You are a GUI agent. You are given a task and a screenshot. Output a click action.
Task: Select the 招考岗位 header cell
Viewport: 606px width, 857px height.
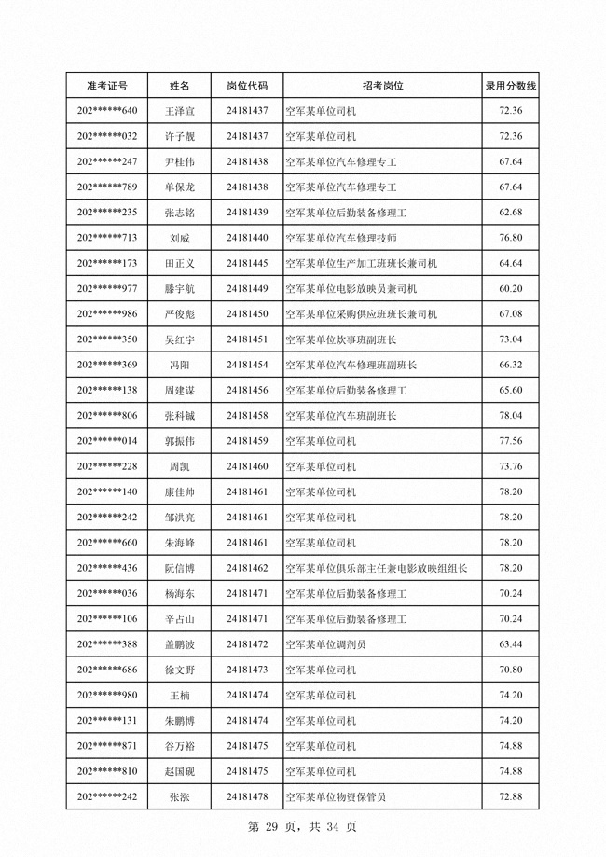383,86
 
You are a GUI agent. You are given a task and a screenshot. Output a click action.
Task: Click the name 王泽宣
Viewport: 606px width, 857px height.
180,111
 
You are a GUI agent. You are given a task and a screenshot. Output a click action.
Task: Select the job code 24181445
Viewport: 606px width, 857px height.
247,263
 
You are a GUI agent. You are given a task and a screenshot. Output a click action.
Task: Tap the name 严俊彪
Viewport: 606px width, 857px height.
180,314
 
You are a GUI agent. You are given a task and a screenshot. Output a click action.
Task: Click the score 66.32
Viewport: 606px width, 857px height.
510,365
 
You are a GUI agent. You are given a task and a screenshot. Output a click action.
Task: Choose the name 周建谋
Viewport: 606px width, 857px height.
180,390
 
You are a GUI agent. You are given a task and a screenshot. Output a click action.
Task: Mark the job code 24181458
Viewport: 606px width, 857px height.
247,415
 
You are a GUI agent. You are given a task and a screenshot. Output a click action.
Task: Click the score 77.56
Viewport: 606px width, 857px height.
510,440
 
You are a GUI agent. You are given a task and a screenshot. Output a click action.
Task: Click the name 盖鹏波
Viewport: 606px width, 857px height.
180,643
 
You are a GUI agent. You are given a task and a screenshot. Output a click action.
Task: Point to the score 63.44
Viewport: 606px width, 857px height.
510,643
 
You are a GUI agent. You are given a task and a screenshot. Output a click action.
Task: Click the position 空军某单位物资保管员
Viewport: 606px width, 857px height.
336,796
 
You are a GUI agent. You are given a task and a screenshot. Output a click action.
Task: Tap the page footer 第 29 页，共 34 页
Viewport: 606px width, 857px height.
303,826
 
